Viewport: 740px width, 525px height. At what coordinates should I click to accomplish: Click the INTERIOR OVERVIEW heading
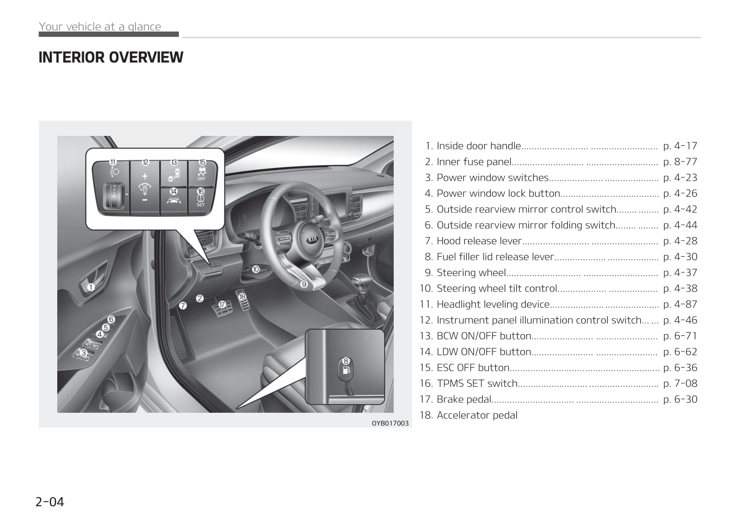click(x=111, y=57)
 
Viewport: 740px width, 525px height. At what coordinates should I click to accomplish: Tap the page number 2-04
click(x=50, y=502)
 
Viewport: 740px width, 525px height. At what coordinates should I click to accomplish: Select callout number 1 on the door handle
click(x=91, y=287)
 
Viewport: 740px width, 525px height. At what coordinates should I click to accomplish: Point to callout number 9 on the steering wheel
click(x=304, y=284)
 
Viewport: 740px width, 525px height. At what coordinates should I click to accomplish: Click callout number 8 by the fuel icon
click(x=346, y=361)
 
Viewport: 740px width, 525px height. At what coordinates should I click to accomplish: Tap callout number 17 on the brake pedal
click(x=222, y=305)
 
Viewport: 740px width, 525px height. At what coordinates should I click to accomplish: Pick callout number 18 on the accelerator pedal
click(x=242, y=297)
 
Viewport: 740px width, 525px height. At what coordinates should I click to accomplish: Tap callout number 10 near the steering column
click(x=256, y=270)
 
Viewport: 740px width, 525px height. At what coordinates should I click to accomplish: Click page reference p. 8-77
click(x=680, y=162)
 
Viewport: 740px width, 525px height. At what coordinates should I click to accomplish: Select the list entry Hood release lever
click(x=479, y=241)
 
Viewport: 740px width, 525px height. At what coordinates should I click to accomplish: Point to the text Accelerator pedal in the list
click(x=477, y=415)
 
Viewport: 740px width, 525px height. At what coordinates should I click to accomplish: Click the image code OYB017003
click(x=390, y=423)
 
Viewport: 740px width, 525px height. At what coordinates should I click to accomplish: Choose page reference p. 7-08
click(x=680, y=383)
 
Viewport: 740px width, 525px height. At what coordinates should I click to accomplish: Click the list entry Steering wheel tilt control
click(x=497, y=288)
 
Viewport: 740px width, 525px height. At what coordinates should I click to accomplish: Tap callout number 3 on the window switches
click(x=84, y=353)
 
